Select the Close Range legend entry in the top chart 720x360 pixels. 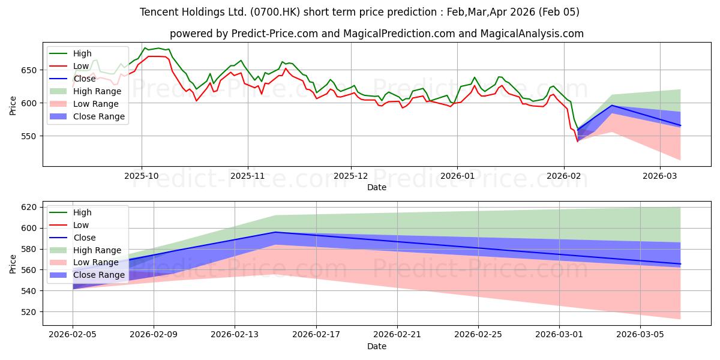(99, 116)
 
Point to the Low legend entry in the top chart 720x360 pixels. (80, 66)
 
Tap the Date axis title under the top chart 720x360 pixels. (377, 188)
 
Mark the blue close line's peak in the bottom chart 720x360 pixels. (275, 232)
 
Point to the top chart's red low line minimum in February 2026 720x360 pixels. (577, 142)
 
